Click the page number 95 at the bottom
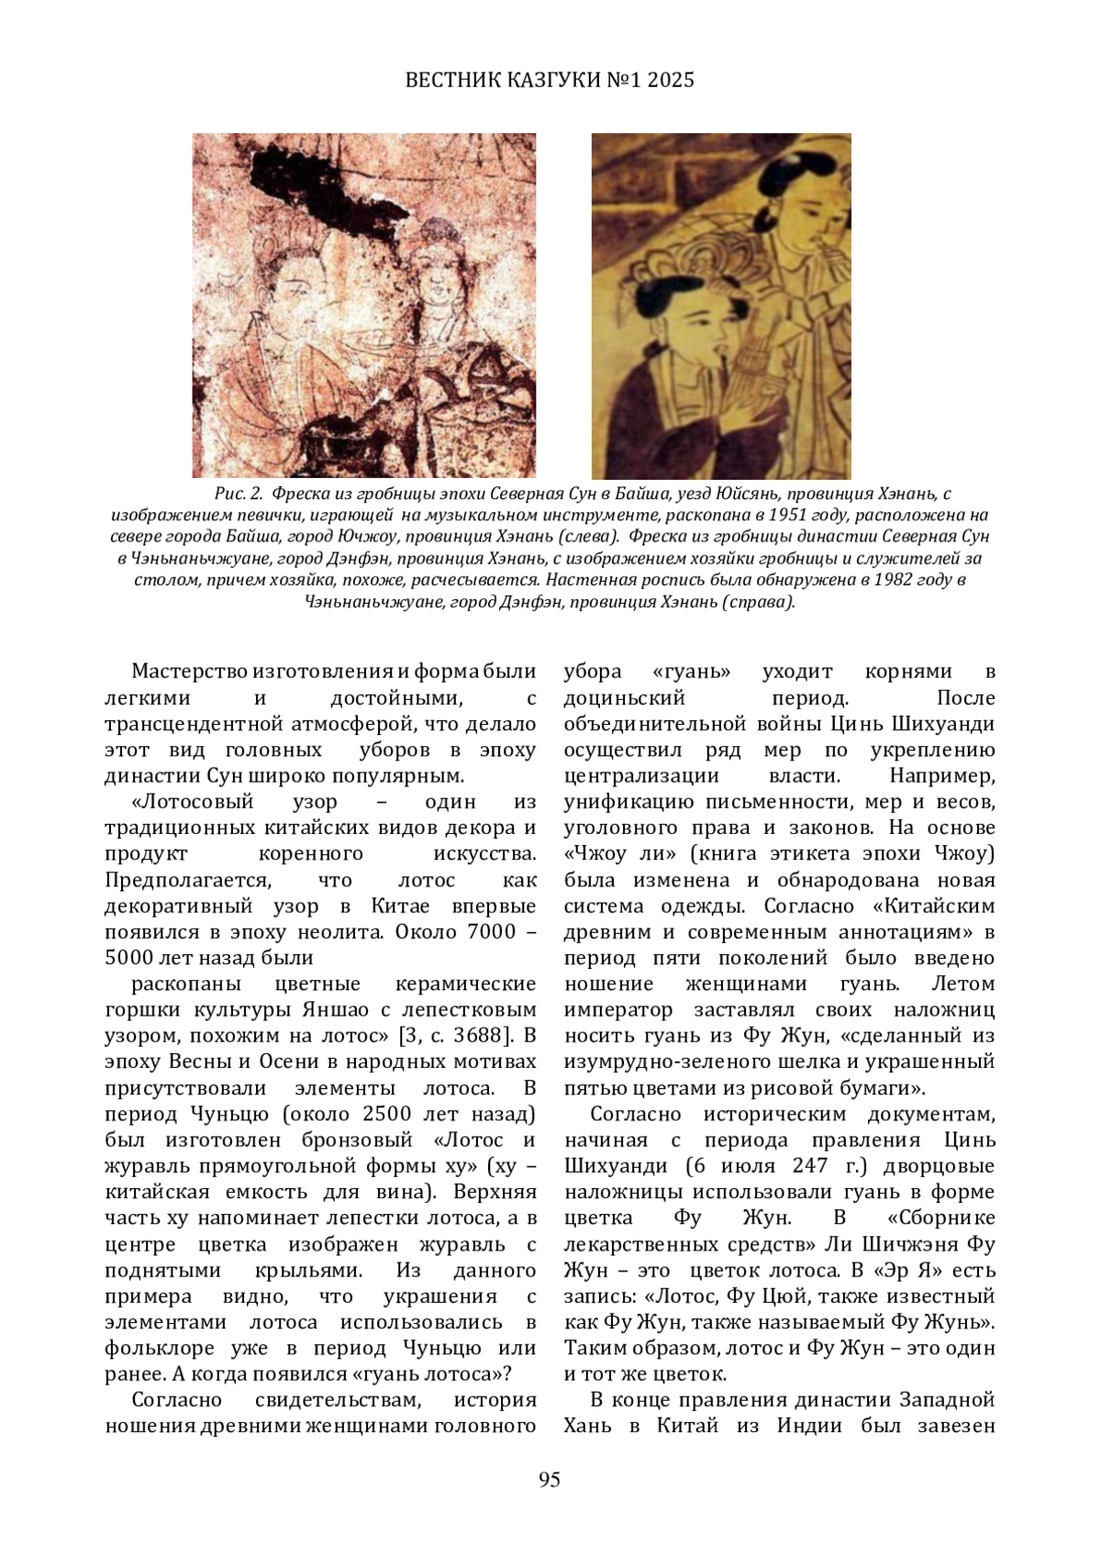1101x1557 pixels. click(550, 1479)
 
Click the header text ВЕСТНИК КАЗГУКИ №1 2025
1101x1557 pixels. click(550, 81)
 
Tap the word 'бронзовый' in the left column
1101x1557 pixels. click(357, 1140)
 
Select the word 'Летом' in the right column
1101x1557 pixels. click(962, 984)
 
